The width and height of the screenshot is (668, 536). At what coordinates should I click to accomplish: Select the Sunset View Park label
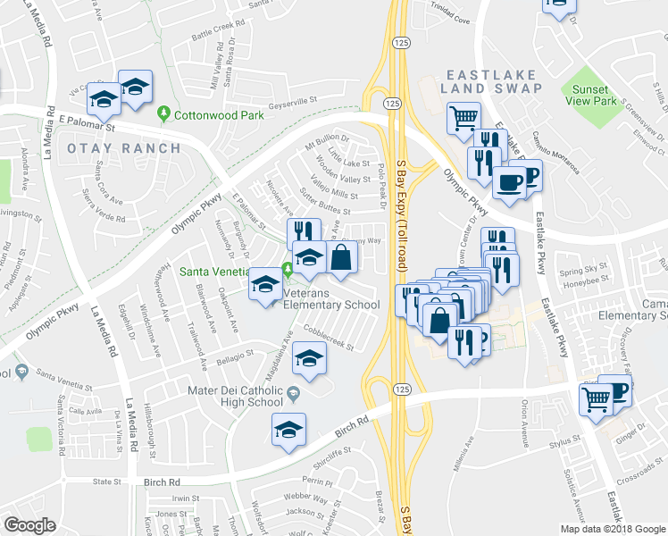(591, 96)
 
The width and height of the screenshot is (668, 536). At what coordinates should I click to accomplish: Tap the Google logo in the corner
(29, 525)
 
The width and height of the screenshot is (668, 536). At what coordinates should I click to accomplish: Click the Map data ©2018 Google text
(613, 529)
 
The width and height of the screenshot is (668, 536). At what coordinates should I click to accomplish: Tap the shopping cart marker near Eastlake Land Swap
(463, 117)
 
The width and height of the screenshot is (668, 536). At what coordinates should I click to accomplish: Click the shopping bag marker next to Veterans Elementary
(341, 257)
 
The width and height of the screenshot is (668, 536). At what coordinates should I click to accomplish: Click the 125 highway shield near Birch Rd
(402, 389)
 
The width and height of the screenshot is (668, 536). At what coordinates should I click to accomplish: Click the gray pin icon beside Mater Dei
(294, 389)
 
